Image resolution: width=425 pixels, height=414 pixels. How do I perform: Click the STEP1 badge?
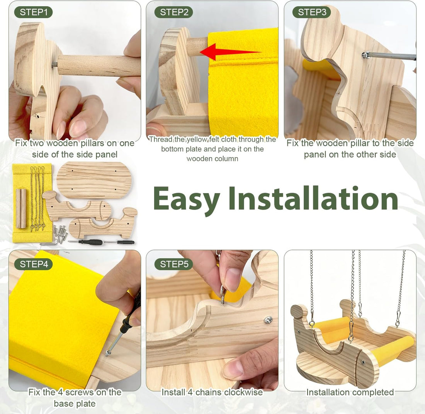(x=33, y=12)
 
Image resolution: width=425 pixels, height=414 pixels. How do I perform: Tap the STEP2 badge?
(x=174, y=12)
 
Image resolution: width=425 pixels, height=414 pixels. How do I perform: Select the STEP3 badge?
(x=312, y=12)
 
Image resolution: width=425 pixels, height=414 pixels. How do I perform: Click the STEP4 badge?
(x=33, y=264)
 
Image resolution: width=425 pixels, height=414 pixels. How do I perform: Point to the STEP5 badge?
(x=174, y=264)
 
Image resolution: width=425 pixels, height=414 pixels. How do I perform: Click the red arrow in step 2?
(x=230, y=52)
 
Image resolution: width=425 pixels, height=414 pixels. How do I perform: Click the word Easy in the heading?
(x=187, y=199)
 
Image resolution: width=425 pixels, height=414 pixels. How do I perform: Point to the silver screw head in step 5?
(x=269, y=320)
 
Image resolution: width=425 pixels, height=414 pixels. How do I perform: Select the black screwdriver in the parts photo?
(x=87, y=242)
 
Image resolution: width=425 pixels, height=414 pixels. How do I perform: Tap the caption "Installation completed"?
(x=350, y=392)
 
